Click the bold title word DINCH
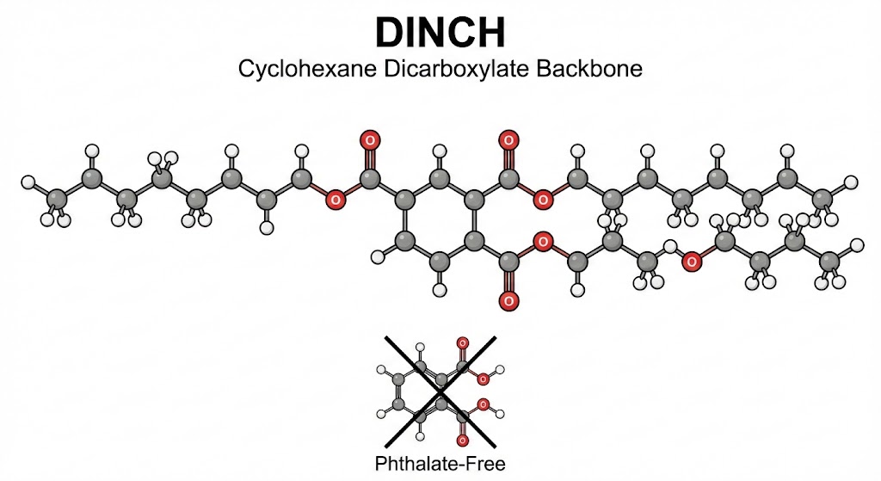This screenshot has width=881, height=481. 440,32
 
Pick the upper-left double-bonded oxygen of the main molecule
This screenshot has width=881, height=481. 370,139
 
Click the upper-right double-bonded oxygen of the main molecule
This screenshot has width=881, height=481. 508,139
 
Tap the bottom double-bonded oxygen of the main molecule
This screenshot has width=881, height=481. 508,300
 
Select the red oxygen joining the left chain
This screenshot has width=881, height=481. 336,200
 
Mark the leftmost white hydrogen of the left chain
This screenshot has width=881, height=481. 28,182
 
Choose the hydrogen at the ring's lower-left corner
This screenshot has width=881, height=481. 376,256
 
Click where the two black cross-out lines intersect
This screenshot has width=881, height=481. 440,392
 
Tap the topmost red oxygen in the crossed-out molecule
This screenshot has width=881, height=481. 463,343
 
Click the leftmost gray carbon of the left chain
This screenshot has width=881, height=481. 57,200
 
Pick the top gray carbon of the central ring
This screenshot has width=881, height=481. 440,180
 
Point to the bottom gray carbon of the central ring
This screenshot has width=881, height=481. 440,260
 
